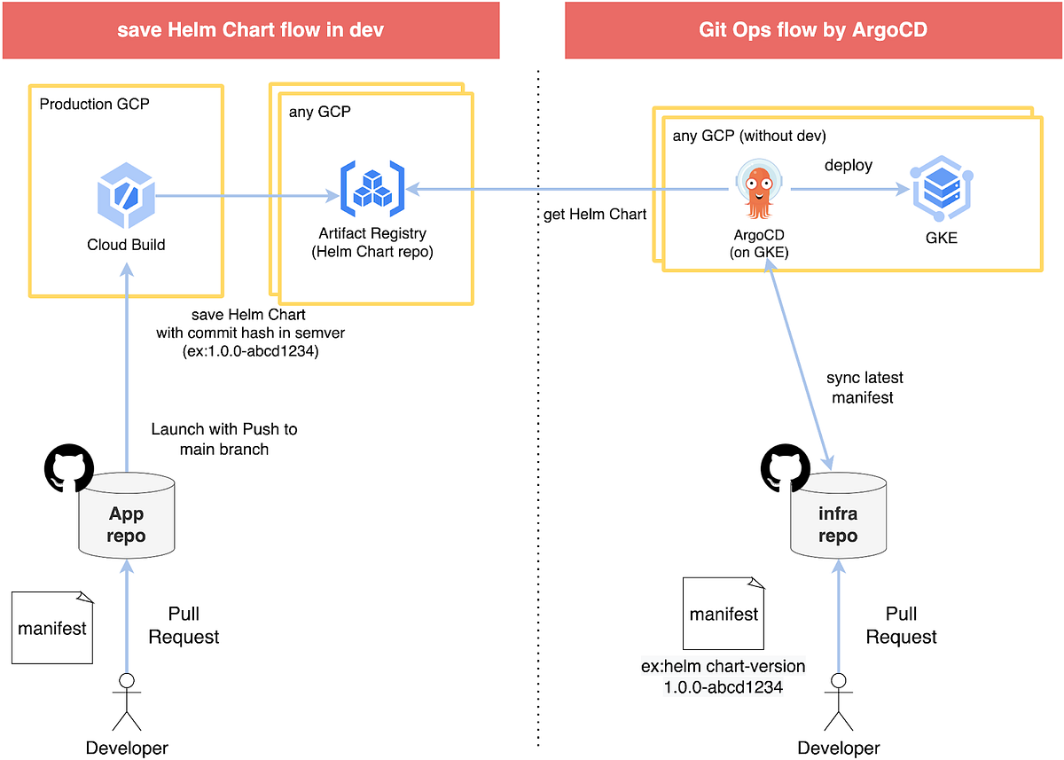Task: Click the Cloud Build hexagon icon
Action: tap(125, 192)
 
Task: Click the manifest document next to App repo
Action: tap(52, 627)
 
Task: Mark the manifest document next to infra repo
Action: tap(724, 613)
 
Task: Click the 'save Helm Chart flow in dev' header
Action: tap(251, 30)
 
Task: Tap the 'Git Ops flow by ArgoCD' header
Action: tap(813, 30)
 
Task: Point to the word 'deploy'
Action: tap(849, 166)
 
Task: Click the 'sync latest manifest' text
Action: tap(864, 388)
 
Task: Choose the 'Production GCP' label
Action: tap(95, 104)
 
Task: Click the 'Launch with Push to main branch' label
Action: tap(224, 439)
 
